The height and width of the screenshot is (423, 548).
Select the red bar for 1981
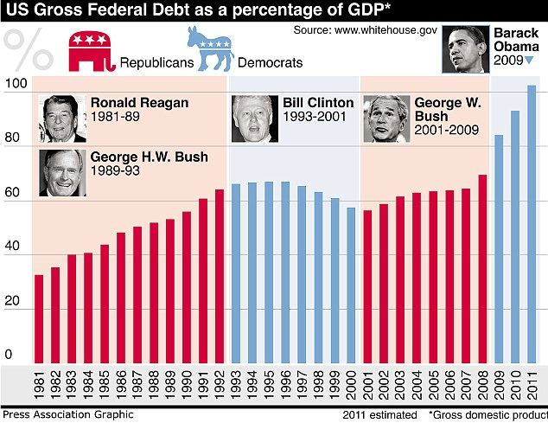point(39,319)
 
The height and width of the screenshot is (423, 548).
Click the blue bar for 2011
point(532,224)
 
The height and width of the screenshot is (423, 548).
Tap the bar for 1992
point(220,277)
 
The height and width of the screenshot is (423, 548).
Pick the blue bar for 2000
point(351,285)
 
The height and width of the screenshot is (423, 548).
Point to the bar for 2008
point(482,269)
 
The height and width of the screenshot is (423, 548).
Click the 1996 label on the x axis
point(285,385)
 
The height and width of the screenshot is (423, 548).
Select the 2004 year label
point(417,385)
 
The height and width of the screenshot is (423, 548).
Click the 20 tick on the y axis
point(13,300)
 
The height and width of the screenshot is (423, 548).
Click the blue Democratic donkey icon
point(211,48)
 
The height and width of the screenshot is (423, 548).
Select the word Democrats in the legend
point(271,62)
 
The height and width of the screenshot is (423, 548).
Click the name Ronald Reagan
point(139,103)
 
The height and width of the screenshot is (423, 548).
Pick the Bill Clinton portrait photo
point(255,119)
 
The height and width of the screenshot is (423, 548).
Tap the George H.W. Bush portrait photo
point(62,173)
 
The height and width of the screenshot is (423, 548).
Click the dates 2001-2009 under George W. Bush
point(447,130)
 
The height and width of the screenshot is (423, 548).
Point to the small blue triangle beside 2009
point(529,61)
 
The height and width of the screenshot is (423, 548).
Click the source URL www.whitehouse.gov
point(386,30)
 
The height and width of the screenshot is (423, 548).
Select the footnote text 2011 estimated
point(379,415)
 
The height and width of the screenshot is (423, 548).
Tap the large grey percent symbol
point(28,49)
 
